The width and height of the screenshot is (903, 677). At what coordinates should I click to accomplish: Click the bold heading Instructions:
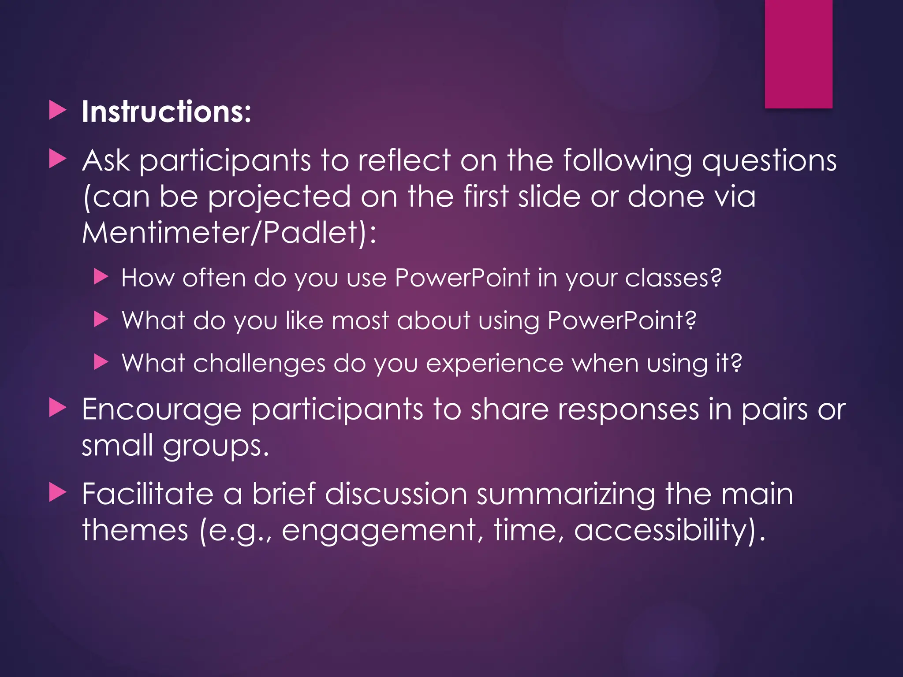click(166, 112)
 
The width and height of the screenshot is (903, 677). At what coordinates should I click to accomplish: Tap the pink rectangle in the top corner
click(798, 54)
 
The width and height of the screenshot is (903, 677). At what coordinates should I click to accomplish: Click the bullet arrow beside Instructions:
click(57, 110)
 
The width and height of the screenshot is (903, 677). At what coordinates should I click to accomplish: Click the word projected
click(279, 197)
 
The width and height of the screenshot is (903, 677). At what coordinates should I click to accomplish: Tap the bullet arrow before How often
click(101, 277)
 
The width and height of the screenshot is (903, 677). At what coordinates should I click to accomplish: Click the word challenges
click(259, 364)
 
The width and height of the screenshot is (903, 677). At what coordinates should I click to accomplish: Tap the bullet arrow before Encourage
click(57, 408)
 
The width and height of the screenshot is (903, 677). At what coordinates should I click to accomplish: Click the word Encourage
click(161, 410)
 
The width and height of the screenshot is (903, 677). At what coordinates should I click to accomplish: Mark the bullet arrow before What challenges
click(101, 363)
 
